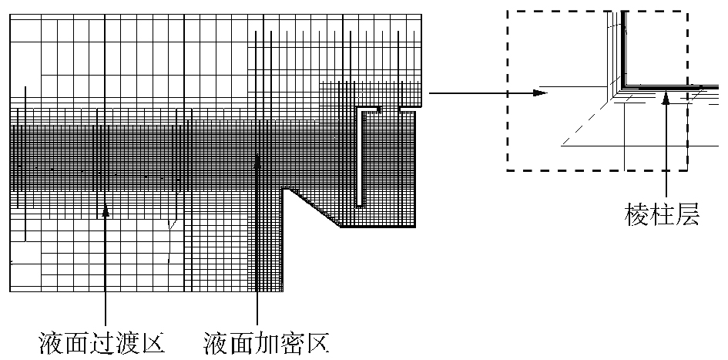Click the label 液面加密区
[267, 341]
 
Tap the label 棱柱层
[662, 215]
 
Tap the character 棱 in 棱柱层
[636, 215]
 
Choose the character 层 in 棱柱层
[687, 215]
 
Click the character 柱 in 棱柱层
[662, 215]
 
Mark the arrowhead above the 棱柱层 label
[665, 96]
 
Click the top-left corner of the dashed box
[507, 11]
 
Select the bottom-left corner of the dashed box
[507, 170]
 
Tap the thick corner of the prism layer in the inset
[626, 84]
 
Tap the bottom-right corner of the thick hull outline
[416, 227]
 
